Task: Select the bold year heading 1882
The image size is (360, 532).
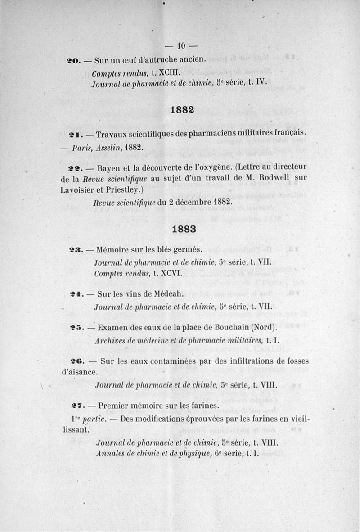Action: coord(182,110)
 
